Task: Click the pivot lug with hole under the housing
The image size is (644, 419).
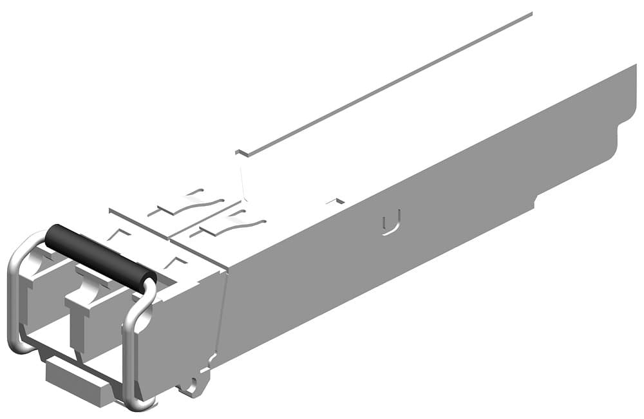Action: (x=191, y=386)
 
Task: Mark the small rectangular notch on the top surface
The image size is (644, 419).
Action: (x=334, y=202)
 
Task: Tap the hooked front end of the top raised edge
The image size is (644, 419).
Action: (x=241, y=153)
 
